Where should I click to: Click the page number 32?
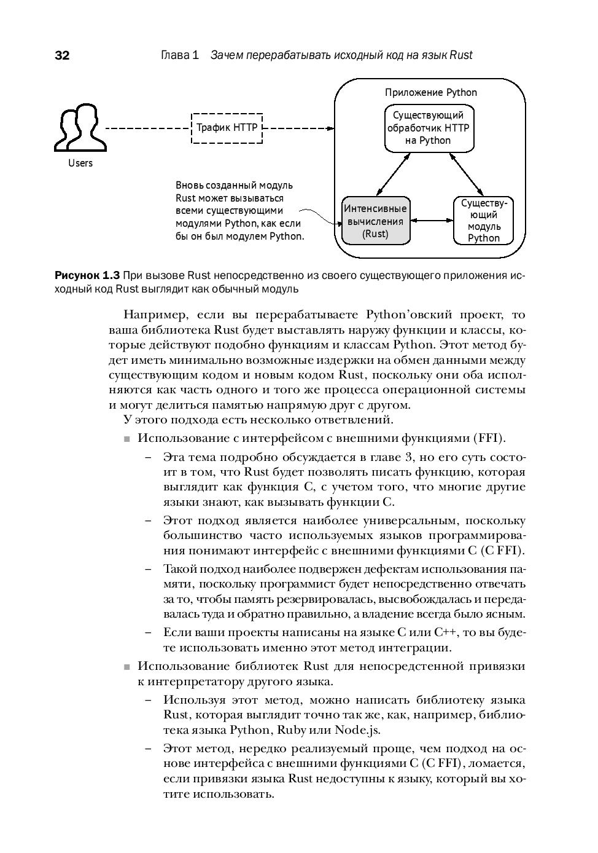pyautogui.click(x=63, y=56)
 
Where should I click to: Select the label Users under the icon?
pyautogui.click(x=80, y=163)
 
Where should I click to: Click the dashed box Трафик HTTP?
pyautogui.click(x=227, y=128)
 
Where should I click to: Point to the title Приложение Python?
pyautogui.click(x=431, y=93)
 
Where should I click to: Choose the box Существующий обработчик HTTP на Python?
pyautogui.click(x=429, y=128)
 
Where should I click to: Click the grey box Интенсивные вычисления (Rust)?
pyautogui.click(x=375, y=221)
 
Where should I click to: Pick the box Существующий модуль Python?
pyautogui.click(x=483, y=221)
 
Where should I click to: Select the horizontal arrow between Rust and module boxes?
pyautogui.click(x=432, y=219)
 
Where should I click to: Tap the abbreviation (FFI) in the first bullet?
pyautogui.click(x=489, y=438)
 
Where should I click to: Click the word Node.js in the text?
pyautogui.click(x=357, y=730)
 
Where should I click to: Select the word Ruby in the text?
pyautogui.click(x=292, y=730)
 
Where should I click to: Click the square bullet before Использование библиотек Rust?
pyautogui.click(x=127, y=667)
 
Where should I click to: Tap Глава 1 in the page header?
pyautogui.click(x=179, y=56)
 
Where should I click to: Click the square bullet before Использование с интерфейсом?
pyautogui.click(x=127, y=439)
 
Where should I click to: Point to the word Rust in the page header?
pyautogui.click(x=460, y=56)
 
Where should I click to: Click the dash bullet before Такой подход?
pyautogui.click(x=149, y=569)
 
